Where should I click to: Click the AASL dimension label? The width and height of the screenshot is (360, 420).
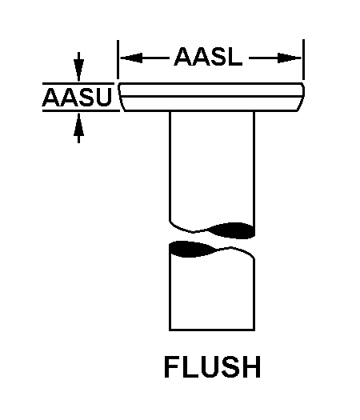tap(207, 58)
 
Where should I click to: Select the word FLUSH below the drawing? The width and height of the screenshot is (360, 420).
tap(212, 367)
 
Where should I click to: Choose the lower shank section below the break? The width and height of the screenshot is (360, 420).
tap(212, 288)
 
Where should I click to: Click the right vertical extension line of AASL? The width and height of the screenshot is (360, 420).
tap(304, 60)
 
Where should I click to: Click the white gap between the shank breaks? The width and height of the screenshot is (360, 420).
tap(212, 240)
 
